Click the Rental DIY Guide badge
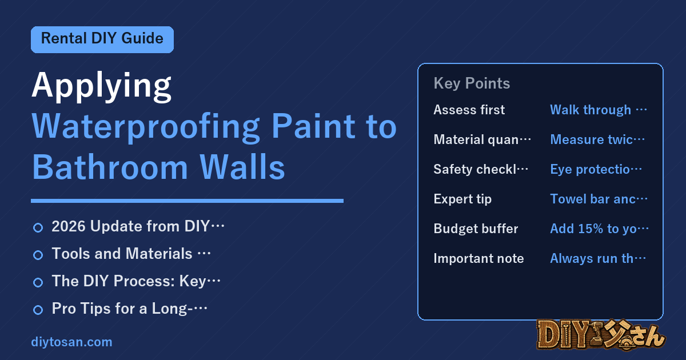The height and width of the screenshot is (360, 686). coord(102,39)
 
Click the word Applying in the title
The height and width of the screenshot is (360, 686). coord(101,87)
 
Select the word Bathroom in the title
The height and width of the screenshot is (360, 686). coord(110,167)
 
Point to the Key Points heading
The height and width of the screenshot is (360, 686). coord(472,83)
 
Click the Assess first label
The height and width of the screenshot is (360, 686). coord(469,110)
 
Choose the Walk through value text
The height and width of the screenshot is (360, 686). coord(598,110)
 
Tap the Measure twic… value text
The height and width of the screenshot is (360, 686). coord(597,139)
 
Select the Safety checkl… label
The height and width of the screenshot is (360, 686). coord(481,169)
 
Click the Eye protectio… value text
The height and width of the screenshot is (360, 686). coord(596,169)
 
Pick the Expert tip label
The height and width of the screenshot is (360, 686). coord(462,199)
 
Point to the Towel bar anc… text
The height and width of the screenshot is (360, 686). coord(599,199)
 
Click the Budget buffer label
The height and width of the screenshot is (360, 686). coord(476,229)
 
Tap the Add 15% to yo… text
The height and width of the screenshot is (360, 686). coord(599,229)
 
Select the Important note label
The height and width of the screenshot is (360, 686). coord(478,258)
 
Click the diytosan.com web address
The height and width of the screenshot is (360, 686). coord(71,342)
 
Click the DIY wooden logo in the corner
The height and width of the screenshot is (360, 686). coord(601,335)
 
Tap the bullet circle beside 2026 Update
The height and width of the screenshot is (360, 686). coord(38,228)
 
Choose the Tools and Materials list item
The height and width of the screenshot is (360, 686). coord(131,254)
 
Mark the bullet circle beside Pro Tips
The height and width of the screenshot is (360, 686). coord(38,310)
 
